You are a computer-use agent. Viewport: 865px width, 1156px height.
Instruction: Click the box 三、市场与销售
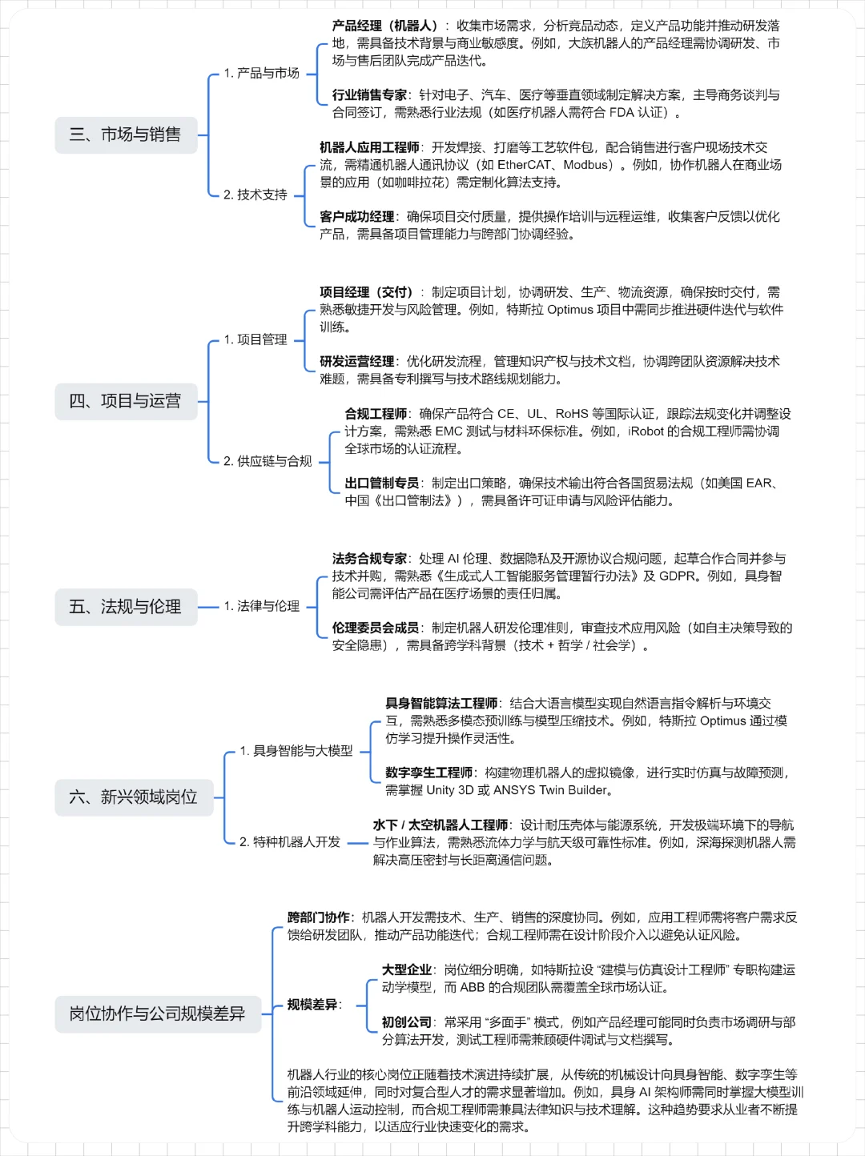pos(126,134)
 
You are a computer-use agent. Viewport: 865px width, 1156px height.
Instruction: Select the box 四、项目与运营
pos(126,401)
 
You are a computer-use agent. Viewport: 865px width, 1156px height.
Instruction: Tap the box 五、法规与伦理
pos(126,607)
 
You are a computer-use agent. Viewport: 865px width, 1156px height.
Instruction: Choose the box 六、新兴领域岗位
pos(134,797)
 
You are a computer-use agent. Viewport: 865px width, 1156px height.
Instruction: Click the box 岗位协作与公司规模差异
pos(158,1014)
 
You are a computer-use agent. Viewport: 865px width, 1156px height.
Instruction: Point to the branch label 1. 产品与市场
pos(261,74)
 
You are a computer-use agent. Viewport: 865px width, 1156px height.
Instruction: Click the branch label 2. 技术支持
pos(255,195)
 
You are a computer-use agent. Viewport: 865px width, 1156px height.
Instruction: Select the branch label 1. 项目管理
pos(255,339)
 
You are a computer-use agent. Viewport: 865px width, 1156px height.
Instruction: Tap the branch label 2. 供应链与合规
pos(267,461)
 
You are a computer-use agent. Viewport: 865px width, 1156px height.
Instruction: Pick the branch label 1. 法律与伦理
pos(261,606)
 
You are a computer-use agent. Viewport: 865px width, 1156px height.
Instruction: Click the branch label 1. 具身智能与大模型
pos(296,751)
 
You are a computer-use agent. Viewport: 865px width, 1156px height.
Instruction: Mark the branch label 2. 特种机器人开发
pos(289,842)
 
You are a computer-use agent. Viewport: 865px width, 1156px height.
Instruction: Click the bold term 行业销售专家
pos(369,95)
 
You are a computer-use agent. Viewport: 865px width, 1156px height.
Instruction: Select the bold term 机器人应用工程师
pos(369,147)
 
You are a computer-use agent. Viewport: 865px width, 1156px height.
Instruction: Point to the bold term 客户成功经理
pos(356,217)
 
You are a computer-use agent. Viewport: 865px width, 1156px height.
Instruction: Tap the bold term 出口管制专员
pos(382,484)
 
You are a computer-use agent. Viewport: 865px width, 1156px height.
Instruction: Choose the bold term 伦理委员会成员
pos(376,628)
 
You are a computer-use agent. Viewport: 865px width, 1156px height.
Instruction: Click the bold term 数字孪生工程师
pos(428,773)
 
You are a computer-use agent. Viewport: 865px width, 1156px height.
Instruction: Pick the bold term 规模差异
pos(312,1005)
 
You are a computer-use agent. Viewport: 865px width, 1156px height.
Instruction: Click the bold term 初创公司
pos(406,1022)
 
